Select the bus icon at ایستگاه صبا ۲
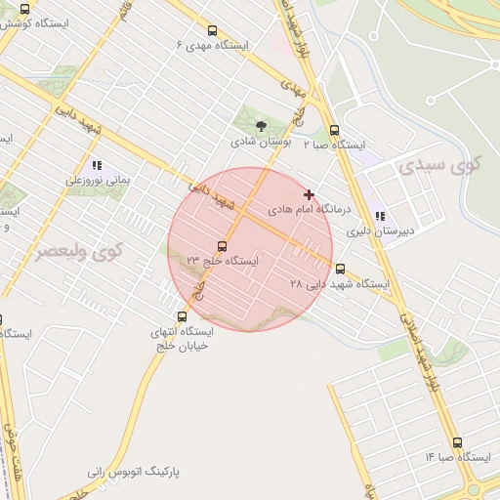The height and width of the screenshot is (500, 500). pyautogui.click(x=334, y=130)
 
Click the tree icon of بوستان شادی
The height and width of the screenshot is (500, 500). pyautogui.click(x=260, y=126)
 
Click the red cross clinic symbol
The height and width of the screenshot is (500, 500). pyautogui.click(x=310, y=195)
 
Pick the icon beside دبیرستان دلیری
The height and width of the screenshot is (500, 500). pyautogui.click(x=380, y=217)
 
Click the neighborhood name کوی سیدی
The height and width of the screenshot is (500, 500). pyautogui.click(x=440, y=164)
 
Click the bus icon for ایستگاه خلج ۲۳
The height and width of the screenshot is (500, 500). pyautogui.click(x=222, y=246)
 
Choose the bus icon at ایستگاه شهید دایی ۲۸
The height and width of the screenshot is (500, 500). pyautogui.click(x=340, y=269)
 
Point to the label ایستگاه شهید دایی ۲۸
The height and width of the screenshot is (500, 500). pyautogui.click(x=340, y=284)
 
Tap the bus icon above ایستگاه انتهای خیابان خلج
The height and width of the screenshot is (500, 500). pyautogui.click(x=182, y=315)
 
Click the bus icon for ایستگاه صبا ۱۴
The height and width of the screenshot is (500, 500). pyautogui.click(x=457, y=442)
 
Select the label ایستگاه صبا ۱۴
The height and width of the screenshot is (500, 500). pyautogui.click(x=457, y=457)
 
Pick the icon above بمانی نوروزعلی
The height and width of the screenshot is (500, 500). pyautogui.click(x=96, y=165)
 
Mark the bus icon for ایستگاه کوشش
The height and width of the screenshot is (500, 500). pyautogui.click(x=23, y=9)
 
